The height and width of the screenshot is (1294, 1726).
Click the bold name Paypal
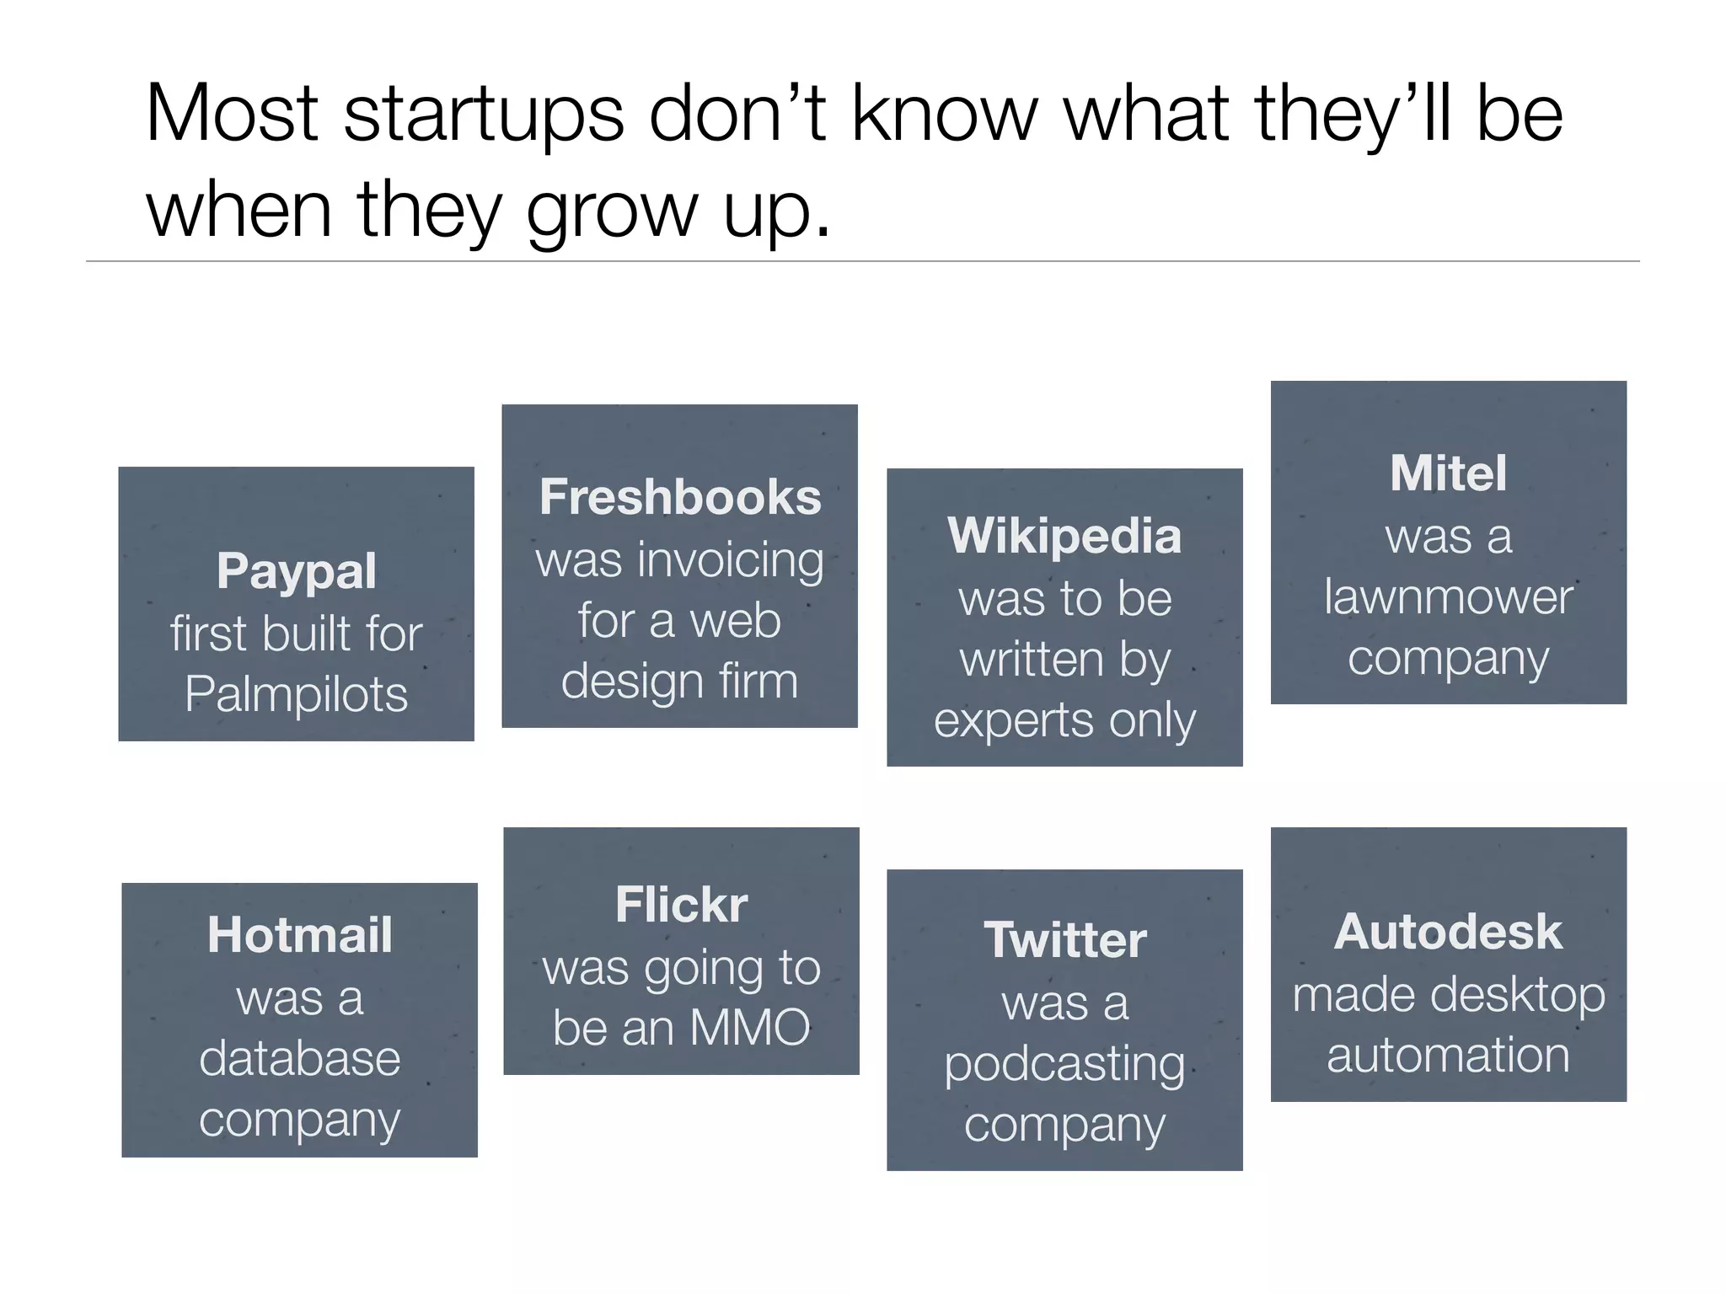[x=296, y=572]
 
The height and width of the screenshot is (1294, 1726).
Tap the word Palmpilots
[x=296, y=695]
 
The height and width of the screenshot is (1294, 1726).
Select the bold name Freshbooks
[x=680, y=497]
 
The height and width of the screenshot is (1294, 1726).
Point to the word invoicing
[x=731, y=561]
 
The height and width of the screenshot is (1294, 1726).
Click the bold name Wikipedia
[x=1064, y=536]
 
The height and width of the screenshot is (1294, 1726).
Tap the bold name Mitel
[x=1448, y=473]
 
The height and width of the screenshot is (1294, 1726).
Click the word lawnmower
[x=1448, y=597]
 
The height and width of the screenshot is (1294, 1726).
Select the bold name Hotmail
[x=299, y=935]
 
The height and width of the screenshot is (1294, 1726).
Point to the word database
[x=299, y=1058]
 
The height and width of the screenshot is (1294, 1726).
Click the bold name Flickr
[x=681, y=905]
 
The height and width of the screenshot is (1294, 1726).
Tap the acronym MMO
[x=749, y=1028]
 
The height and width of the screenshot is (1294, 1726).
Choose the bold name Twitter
[x=1064, y=940]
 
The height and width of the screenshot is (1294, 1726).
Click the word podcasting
[x=1064, y=1065]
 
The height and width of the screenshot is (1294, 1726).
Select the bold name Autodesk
[x=1448, y=932]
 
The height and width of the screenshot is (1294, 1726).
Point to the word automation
[x=1448, y=1055]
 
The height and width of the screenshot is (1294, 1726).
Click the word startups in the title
[x=484, y=115]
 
